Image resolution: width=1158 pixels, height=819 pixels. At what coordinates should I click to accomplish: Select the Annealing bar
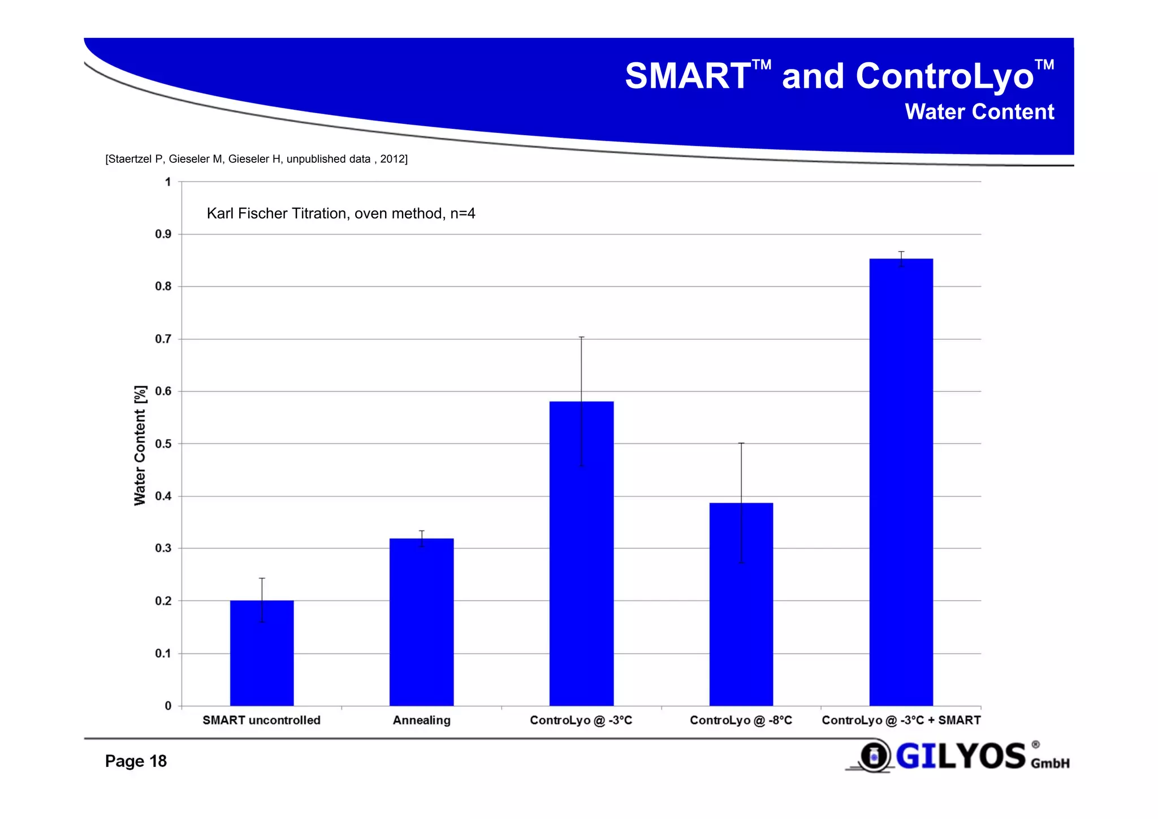coord(421,622)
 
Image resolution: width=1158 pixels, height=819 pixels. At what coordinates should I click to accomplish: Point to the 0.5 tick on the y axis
coord(163,444)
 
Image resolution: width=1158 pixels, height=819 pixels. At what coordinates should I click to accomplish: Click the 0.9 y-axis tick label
coord(163,234)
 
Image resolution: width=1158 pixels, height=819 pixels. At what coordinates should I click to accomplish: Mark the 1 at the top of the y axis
coord(168,182)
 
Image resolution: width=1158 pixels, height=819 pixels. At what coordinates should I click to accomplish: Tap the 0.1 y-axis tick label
coord(163,654)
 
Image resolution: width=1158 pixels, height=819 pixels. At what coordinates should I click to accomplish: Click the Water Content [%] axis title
coord(140,445)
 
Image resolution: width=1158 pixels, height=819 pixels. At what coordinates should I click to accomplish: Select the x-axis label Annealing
coord(421,720)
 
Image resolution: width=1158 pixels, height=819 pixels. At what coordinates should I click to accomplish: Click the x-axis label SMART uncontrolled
coord(261,720)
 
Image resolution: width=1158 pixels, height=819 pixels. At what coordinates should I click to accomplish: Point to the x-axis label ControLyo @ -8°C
coord(741,720)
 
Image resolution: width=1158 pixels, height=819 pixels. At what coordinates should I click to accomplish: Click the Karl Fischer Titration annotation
coord(340,213)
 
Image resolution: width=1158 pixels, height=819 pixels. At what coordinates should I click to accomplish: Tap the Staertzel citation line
coord(256,159)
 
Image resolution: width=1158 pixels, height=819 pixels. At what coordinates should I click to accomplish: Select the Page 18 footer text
coord(136,761)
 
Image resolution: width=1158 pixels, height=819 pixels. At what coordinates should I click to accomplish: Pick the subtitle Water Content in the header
coord(979,112)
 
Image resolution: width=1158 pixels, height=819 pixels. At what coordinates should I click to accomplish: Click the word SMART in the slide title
coord(688,76)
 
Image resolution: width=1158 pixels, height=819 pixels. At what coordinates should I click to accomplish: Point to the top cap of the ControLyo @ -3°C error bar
coord(581,337)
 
